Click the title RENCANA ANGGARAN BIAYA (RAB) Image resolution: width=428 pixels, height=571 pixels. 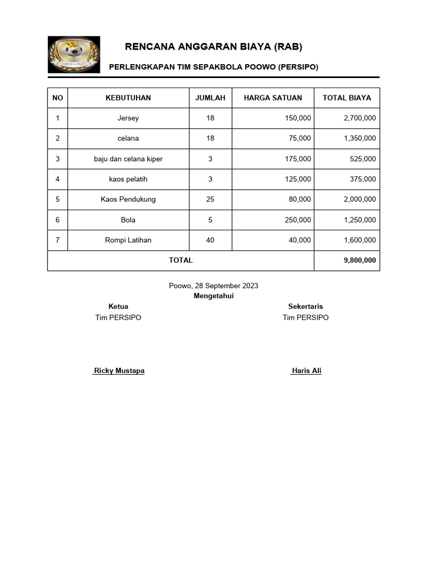213,46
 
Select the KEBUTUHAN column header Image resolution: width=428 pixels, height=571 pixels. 128,98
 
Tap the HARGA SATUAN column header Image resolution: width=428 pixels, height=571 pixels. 273,98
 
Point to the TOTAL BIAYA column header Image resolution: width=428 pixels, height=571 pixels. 347,98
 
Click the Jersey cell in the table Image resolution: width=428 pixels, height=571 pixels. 128,118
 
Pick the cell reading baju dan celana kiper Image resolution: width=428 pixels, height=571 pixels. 128,159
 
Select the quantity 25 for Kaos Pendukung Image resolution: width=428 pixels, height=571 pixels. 210,199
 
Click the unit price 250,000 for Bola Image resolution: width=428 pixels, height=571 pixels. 298,220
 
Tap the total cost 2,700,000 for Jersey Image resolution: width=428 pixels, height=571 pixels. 359,118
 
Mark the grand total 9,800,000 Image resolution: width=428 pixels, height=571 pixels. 359,260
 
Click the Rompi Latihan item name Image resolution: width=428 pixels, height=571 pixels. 128,240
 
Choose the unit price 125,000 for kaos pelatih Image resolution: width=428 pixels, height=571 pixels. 298,179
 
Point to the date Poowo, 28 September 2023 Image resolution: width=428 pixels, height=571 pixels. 213,285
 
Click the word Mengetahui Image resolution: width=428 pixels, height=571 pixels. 213,296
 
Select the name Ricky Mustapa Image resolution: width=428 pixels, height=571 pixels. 119,371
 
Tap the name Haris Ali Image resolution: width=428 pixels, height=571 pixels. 306,371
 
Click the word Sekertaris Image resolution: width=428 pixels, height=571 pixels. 305,307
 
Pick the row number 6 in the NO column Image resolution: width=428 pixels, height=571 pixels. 57,220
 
